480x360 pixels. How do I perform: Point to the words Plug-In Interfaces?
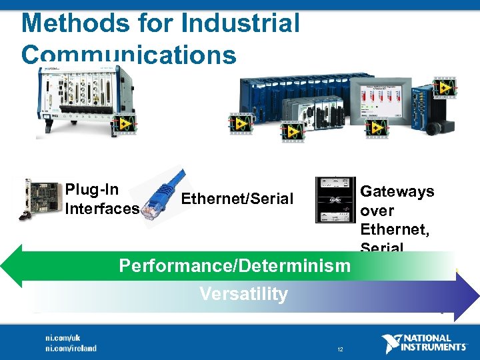tap(101, 199)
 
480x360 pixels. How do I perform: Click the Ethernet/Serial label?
tap(237, 198)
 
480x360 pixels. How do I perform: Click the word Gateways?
tap(397, 191)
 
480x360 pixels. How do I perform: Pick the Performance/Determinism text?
tap(234, 266)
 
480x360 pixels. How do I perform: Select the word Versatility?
tap(243, 294)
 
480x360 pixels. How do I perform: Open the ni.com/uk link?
tap(63, 339)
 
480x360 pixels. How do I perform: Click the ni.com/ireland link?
tap(71, 348)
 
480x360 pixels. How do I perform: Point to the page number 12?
tap(340, 349)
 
